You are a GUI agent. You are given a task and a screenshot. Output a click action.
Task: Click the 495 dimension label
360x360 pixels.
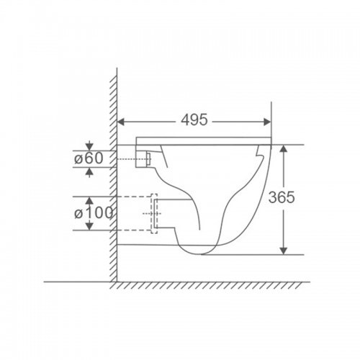(194, 120)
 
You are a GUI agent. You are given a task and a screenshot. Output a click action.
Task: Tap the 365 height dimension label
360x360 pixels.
(282, 197)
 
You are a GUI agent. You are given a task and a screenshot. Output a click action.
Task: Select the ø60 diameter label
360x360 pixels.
(89, 158)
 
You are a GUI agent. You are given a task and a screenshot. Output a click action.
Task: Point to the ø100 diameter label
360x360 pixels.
(94, 213)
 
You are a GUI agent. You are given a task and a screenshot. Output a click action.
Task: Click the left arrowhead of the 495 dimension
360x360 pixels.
(121, 122)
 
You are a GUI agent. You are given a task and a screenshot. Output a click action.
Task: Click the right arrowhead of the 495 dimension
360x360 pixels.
(267, 122)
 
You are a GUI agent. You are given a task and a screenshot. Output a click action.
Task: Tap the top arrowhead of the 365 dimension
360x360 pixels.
(284, 148)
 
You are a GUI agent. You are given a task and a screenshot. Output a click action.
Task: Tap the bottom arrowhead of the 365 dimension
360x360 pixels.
(284, 251)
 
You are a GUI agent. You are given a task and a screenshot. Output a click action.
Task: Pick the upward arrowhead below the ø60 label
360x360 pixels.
(89, 171)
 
